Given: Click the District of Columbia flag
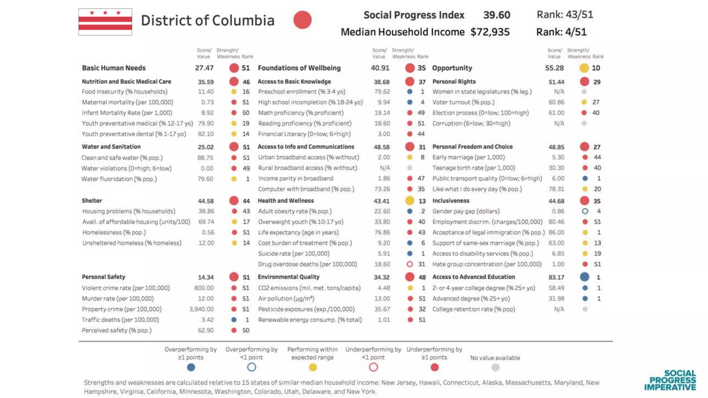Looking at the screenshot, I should [105, 22].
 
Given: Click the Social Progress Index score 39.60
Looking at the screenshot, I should [496, 15].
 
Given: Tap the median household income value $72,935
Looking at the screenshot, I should [490, 32].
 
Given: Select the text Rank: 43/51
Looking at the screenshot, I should [565, 15].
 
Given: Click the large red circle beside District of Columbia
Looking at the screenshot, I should [302, 20].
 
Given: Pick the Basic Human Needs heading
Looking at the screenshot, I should [114, 68].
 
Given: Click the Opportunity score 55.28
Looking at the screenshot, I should [554, 68].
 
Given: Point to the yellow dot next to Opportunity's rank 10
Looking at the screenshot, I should [584, 68].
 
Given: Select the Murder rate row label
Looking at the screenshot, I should [118, 298].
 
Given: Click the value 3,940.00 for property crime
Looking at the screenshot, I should [201, 309].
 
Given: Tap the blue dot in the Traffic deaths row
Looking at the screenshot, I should [234, 320].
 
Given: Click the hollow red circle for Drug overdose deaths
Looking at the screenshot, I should [410, 264].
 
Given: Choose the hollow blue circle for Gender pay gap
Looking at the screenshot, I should [585, 211].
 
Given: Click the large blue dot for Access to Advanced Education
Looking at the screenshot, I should [585, 277].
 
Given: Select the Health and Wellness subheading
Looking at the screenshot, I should [286, 201].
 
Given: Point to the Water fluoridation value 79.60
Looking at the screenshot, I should [205, 179].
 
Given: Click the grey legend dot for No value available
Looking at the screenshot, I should [495, 368].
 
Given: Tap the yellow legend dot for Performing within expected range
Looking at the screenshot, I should [313, 368].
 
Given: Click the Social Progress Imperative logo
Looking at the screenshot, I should [670, 380].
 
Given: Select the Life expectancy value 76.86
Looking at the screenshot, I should [382, 233].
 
